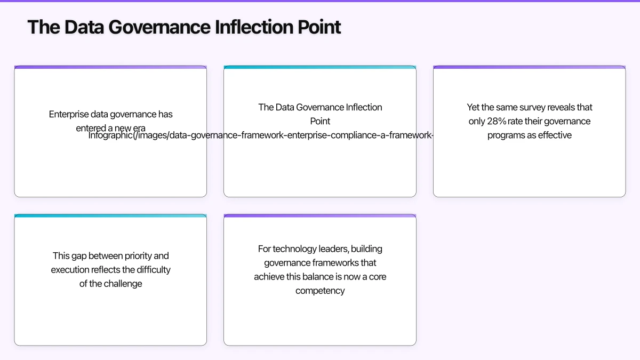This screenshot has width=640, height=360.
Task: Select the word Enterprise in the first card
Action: point(69,114)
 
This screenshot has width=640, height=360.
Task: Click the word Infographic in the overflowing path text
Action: point(110,135)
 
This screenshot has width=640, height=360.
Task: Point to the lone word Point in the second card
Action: point(320,121)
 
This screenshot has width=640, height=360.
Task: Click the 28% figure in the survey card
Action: point(498,121)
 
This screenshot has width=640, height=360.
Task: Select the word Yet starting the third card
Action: point(474,107)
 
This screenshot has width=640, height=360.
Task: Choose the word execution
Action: point(71,270)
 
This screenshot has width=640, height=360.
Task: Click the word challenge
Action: point(123,284)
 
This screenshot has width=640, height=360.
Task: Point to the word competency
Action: point(320,291)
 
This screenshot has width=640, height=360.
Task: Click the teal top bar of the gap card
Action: point(110,216)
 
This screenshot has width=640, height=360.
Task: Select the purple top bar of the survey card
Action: point(529,67)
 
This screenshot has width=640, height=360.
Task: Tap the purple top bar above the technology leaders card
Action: point(320,216)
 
